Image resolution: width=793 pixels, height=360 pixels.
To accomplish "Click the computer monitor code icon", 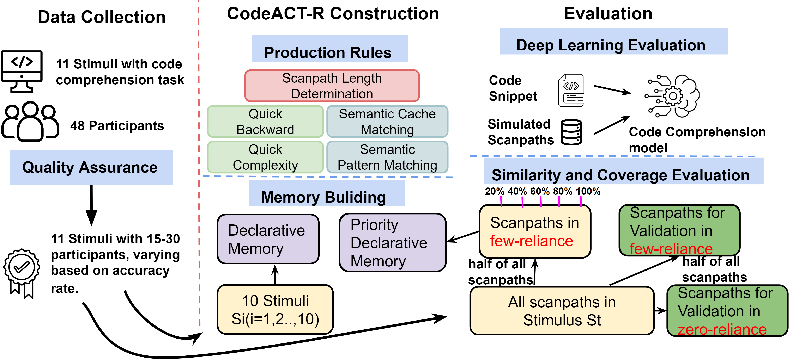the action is point(22,71).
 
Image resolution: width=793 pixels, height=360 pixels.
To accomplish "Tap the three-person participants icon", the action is point(30,121).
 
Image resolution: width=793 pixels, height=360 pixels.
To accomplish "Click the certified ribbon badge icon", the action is point(22,273).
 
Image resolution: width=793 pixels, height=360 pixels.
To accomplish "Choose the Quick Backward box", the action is point(265,122).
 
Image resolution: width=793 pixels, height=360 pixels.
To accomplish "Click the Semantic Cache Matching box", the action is point(387,122).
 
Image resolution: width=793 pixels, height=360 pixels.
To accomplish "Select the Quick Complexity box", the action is point(265,157).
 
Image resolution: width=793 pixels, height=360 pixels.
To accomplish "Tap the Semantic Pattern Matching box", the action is point(387,157).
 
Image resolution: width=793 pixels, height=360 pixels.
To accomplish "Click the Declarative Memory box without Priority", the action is point(268,239).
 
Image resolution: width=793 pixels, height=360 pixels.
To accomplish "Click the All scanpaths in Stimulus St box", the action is point(562,311).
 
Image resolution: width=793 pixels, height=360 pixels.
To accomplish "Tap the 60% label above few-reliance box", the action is point(540,191).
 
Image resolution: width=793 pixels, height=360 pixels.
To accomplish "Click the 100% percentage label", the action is point(588,191).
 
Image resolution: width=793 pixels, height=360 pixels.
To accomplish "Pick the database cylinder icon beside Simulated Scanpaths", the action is point(571,132).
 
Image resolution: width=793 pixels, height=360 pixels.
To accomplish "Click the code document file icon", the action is point(571,91).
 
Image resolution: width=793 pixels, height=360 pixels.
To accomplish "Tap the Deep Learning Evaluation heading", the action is point(611,45).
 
